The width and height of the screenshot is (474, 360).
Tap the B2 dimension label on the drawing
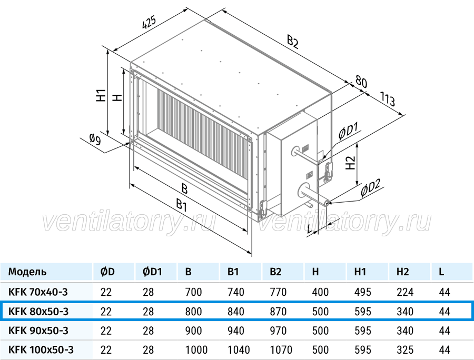(x=293, y=42)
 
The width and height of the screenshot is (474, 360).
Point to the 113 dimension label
(x=388, y=99)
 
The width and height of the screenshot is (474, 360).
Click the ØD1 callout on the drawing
(x=348, y=130)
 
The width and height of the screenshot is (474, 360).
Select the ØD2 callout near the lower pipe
(x=370, y=188)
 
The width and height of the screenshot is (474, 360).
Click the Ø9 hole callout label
(x=95, y=139)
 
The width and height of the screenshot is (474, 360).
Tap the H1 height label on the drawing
(x=101, y=95)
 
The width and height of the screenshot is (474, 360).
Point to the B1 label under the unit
(x=181, y=205)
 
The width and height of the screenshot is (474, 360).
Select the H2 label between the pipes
(x=350, y=163)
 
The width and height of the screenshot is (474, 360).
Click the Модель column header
(x=27, y=272)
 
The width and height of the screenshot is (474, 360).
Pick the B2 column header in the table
(x=275, y=272)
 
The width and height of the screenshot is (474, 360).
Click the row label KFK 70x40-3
(x=38, y=292)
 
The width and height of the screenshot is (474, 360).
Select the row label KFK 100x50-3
(x=41, y=349)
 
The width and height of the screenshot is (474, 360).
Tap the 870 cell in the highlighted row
(x=278, y=312)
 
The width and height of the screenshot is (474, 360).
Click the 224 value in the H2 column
(x=405, y=292)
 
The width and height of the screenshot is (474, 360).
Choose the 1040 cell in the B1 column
(x=239, y=349)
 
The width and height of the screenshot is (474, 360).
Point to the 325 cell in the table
(x=405, y=349)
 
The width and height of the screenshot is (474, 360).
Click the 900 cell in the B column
(x=193, y=331)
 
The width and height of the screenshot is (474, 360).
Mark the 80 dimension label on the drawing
(x=361, y=82)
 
